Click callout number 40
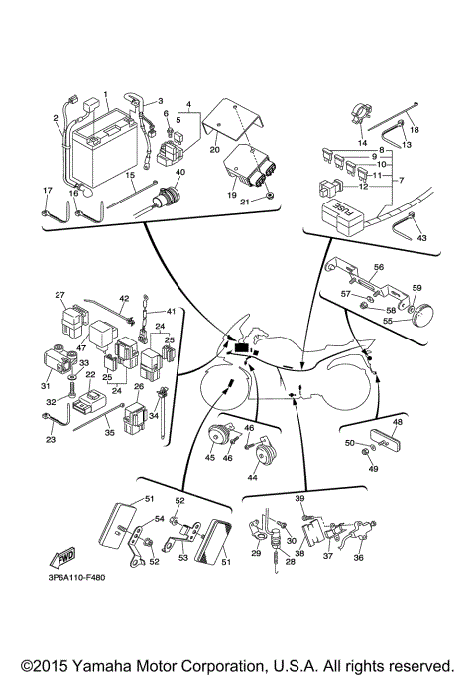(x=179, y=172)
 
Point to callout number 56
(x=378, y=268)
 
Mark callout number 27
(x=59, y=295)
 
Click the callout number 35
(x=109, y=433)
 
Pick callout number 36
(x=358, y=558)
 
